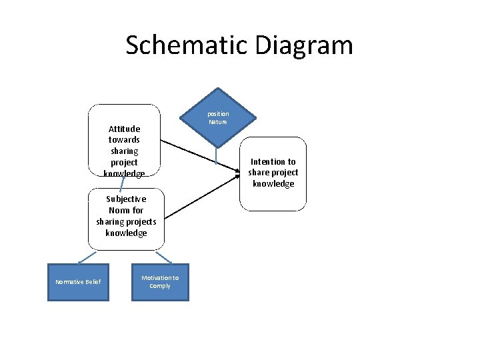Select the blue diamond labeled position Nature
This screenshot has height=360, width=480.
click(x=217, y=117)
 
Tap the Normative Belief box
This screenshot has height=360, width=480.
click(x=78, y=282)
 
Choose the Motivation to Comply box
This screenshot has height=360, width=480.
click(x=160, y=282)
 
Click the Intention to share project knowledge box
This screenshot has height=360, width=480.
click(x=273, y=173)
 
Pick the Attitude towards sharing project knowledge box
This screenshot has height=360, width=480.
click(x=124, y=140)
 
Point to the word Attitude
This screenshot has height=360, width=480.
click(x=124, y=129)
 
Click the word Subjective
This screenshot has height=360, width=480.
click(x=126, y=199)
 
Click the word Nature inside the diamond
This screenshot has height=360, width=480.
click(x=218, y=122)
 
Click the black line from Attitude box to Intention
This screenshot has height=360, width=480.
click(x=200, y=156)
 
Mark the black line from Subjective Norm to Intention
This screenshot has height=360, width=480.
click(x=200, y=196)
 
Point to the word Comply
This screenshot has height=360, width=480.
click(x=160, y=286)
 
